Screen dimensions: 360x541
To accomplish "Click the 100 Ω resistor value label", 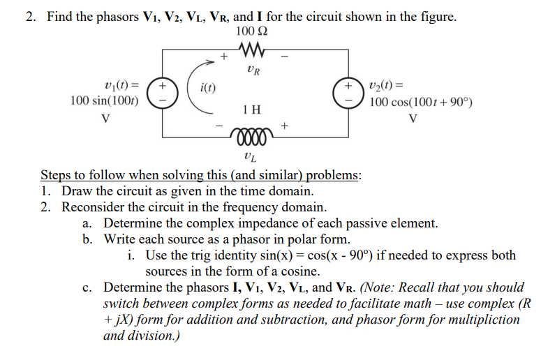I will pyautogui.click(x=251, y=31).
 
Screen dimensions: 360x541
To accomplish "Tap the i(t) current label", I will pyautogui.click(x=208, y=88).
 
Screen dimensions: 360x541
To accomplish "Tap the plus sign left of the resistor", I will pyautogui.click(x=224, y=54).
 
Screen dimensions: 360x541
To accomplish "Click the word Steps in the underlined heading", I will pyautogui.click(x=56, y=175).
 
